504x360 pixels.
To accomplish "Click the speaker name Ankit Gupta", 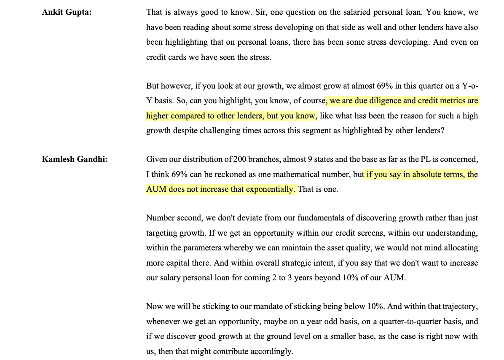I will (x=67, y=12).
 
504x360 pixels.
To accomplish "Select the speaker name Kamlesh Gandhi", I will (x=75, y=159).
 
